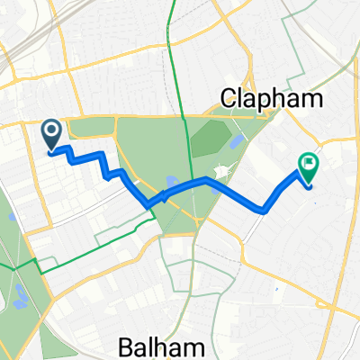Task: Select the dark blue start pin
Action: [x=51, y=134]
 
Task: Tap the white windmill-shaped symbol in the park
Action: [x=222, y=171]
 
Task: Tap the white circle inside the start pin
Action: [x=51, y=131]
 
